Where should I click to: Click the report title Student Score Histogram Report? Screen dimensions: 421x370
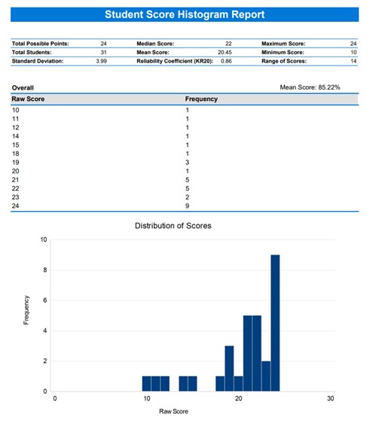[x=185, y=14]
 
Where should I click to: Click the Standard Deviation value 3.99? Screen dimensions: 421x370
[x=101, y=60]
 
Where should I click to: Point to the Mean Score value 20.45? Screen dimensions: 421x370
[x=225, y=53]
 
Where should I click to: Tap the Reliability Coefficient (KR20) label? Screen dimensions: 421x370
[x=174, y=60]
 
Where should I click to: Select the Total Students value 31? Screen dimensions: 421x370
[x=103, y=53]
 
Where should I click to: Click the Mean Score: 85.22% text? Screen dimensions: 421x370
[x=309, y=87]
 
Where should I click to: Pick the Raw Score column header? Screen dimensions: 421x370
[x=29, y=99]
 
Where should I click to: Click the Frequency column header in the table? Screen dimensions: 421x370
[x=201, y=99]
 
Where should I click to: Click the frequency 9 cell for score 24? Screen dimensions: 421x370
[x=188, y=204]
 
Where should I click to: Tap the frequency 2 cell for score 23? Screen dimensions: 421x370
[x=188, y=196]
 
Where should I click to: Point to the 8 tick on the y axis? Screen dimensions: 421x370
[x=44, y=270]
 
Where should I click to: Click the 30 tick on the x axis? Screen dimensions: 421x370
[x=330, y=399]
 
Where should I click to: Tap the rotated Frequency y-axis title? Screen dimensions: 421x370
[x=27, y=315]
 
